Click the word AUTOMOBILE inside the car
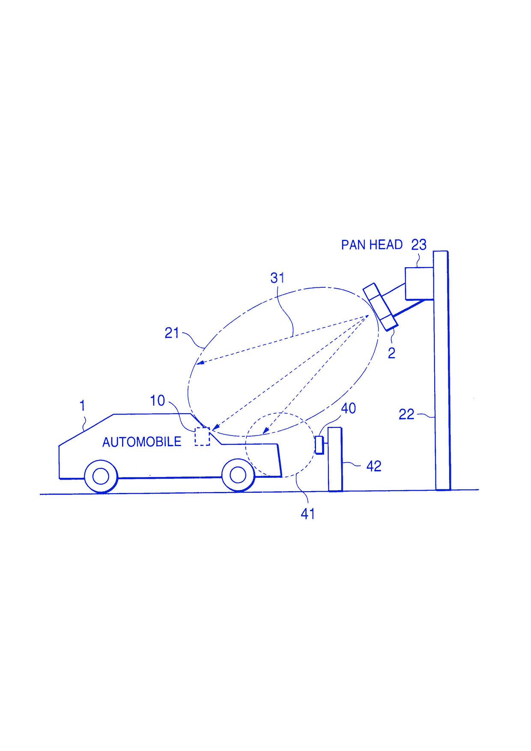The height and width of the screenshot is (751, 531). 142,442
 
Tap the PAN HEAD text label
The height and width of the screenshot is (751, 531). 372,245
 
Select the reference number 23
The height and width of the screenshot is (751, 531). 419,245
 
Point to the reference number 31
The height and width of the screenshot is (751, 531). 277,278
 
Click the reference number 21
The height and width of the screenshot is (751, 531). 172,333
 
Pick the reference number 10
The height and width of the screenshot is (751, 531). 157,401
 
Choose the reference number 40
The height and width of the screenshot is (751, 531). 348,408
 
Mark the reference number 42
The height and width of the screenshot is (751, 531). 373,466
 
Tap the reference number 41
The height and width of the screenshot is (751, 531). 308,514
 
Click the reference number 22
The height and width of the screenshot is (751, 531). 406,414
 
